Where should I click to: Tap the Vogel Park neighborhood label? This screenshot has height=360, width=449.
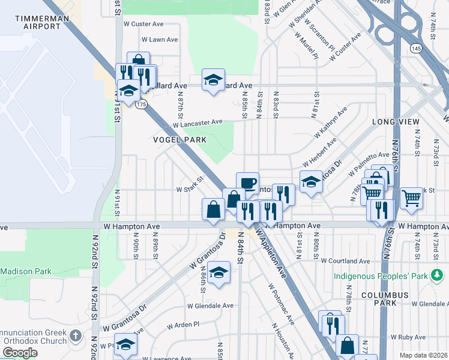coord(179,140)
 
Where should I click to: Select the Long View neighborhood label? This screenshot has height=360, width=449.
coord(396,122)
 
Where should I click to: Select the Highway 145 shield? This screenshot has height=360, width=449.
coord(415,46)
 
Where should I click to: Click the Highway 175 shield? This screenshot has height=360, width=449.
coord(141,104)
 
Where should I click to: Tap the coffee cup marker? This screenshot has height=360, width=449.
coord(247,182)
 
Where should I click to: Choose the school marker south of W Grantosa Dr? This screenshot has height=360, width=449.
coord(219,272)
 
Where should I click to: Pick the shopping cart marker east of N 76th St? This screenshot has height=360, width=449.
coord(411,196)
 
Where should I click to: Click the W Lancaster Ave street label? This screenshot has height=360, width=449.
coord(197,124)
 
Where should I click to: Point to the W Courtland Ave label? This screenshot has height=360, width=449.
coord(345,261)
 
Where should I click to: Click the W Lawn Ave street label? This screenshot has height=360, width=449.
coord(160,40)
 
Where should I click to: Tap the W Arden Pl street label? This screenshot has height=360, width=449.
coord(183,325)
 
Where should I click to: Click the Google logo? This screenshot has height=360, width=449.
coord(20,353)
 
